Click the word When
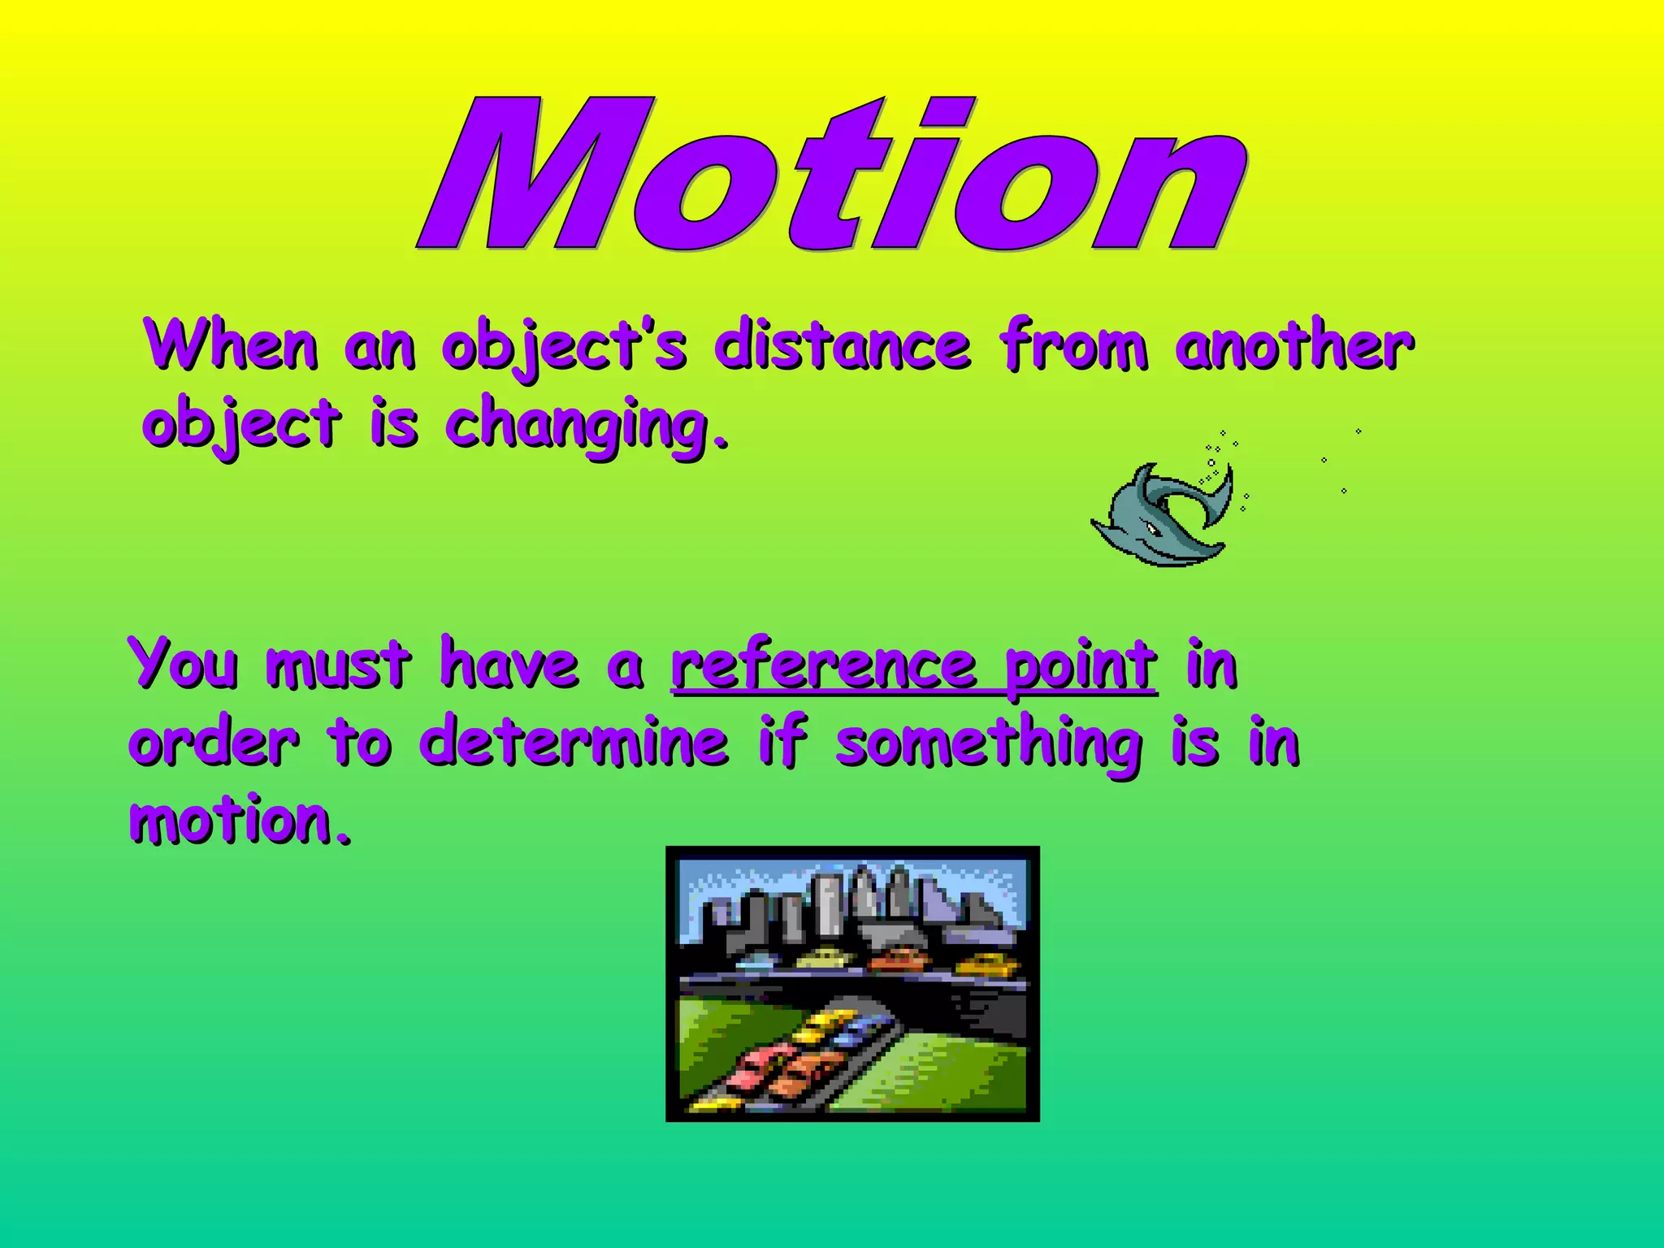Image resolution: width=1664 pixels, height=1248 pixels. [x=231, y=346]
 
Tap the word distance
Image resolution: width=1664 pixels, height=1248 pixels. [x=842, y=346]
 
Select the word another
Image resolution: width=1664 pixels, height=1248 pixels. [x=1293, y=346]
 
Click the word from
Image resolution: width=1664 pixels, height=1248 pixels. [x=1074, y=346]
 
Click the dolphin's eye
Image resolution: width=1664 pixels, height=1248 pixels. [x=1152, y=530]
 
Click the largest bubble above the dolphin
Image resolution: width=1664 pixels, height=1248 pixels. [x=1211, y=462]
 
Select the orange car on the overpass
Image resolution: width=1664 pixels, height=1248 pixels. [x=897, y=960]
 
